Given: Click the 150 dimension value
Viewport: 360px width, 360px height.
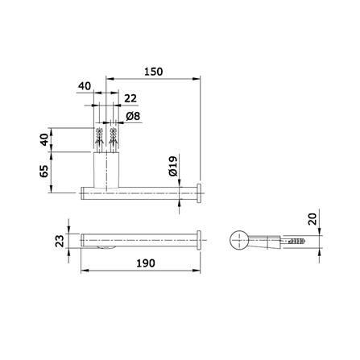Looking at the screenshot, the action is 153,72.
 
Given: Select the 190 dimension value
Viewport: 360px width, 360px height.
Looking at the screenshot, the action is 146,263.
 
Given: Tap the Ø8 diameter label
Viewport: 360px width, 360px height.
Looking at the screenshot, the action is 133,116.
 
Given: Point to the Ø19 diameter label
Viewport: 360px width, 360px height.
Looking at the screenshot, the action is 173,166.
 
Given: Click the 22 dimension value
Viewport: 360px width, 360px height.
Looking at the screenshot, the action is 130,98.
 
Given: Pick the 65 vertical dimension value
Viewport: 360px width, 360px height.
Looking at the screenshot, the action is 44,171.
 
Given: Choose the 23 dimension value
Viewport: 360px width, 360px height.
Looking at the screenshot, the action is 60,241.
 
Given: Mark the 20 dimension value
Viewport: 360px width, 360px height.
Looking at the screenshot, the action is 312,219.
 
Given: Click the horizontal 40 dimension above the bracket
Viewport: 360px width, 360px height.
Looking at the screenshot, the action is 85,86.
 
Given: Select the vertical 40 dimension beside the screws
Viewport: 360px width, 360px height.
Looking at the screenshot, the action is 44,139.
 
